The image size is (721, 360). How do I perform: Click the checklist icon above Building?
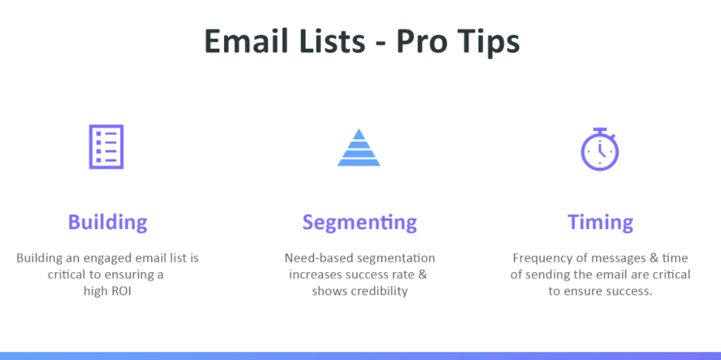(x=106, y=147)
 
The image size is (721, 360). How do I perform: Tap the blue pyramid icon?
(x=359, y=148)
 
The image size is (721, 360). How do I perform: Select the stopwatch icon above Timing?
(x=600, y=150)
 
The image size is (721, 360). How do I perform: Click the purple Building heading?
(x=107, y=223)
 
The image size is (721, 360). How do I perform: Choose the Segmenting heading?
(x=360, y=223)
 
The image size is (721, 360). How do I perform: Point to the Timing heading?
(x=601, y=223)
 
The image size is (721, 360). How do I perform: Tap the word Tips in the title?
(x=488, y=42)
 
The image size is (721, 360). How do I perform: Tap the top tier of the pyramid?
(x=359, y=133)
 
